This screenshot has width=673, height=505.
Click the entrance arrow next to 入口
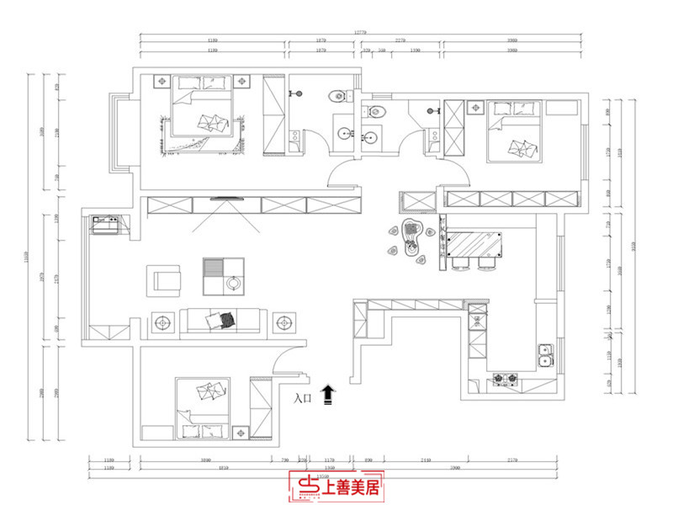329,394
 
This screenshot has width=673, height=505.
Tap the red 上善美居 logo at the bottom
336,485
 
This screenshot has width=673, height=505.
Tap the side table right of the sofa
284,322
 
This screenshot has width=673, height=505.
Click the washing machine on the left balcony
107,225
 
